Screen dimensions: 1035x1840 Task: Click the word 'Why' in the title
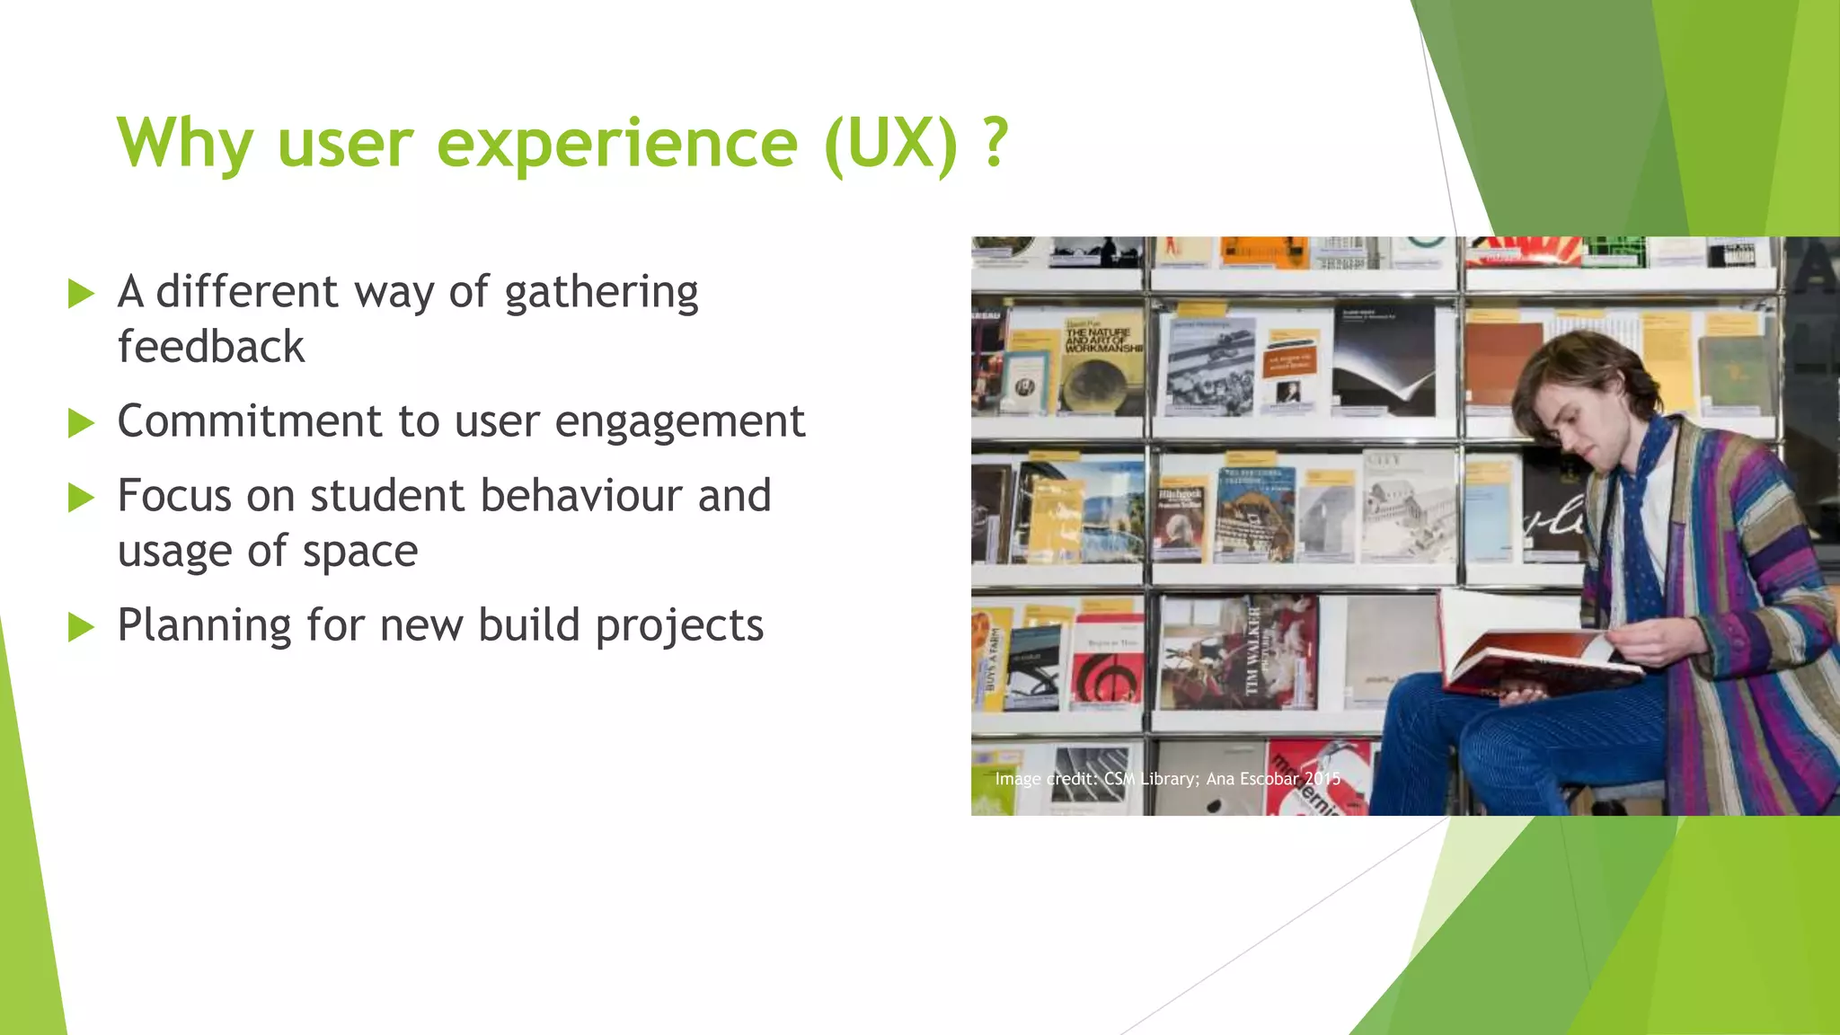point(184,144)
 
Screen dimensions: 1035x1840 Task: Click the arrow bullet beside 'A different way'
point(81,294)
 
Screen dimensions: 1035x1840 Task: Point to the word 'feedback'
point(211,348)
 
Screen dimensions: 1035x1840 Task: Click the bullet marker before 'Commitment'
point(81,423)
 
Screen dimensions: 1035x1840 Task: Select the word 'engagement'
point(680,422)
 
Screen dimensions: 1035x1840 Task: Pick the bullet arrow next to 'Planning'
point(81,627)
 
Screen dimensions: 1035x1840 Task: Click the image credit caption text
point(1167,779)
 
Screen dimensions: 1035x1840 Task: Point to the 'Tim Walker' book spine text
point(1254,652)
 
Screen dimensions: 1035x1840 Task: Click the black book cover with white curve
point(1384,364)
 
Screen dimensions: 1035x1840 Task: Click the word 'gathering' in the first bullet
point(601,294)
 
